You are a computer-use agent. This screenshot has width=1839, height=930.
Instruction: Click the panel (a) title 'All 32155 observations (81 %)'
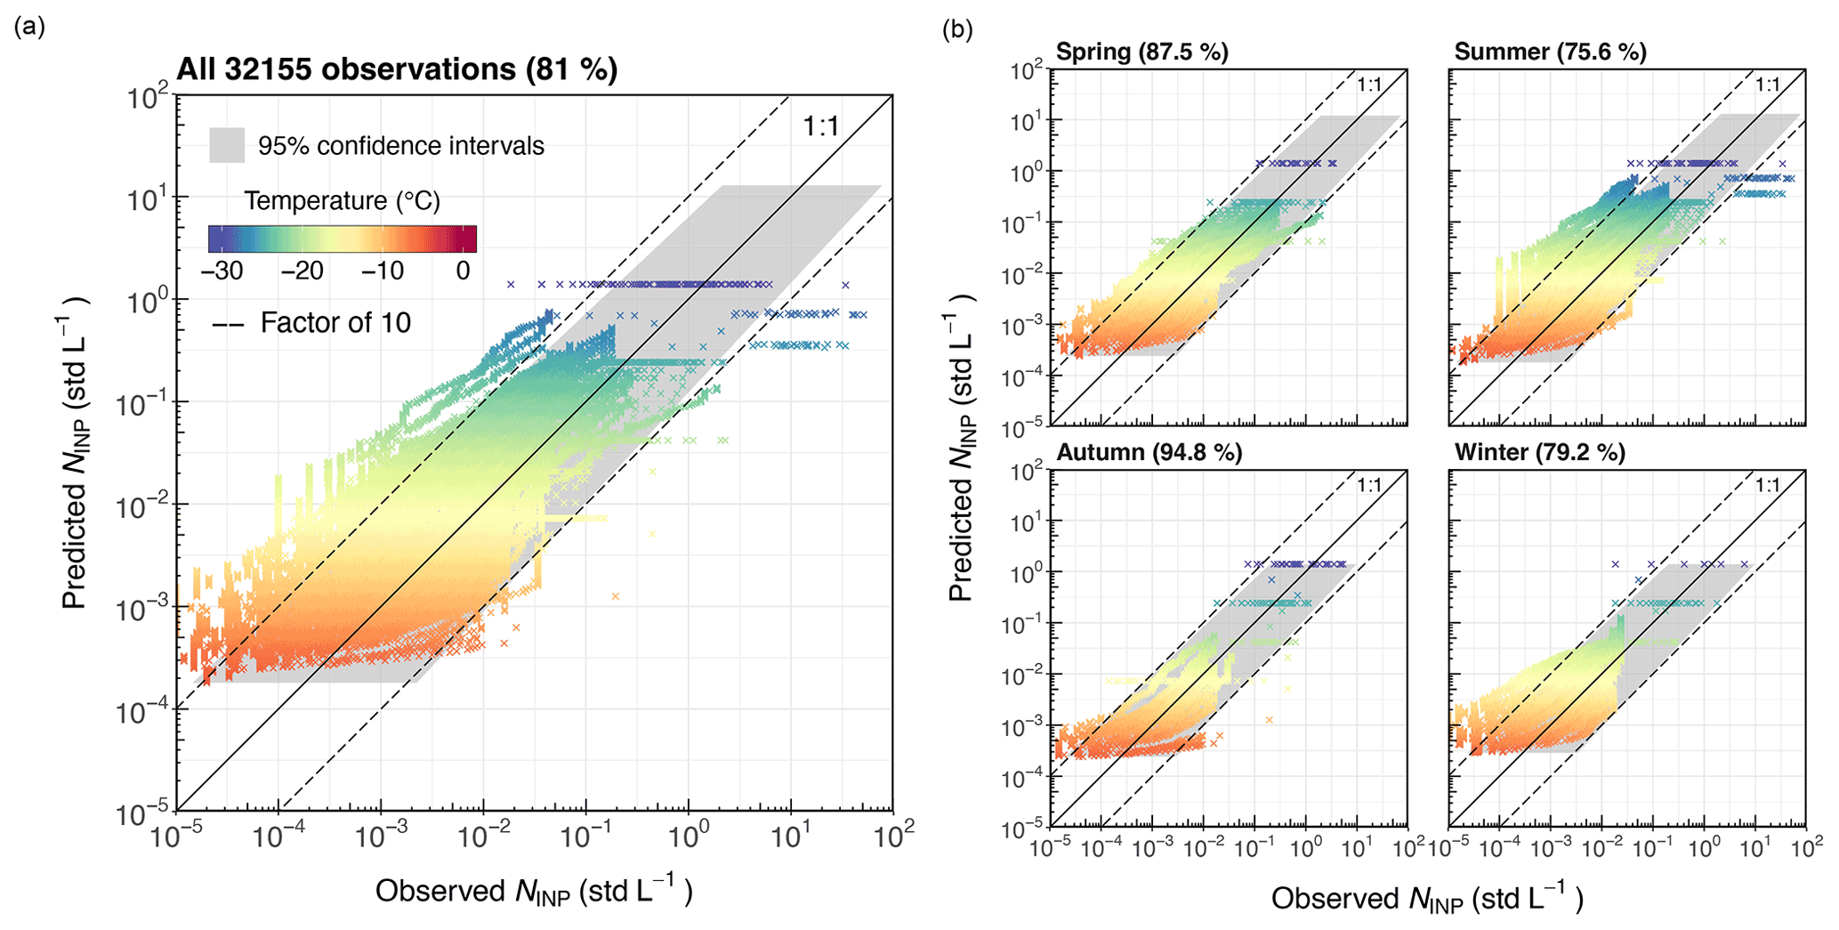[x=397, y=69]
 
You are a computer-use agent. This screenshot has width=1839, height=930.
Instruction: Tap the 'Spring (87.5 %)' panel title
[x=1141, y=52]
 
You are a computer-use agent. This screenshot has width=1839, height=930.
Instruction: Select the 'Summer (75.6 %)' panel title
[x=1550, y=52]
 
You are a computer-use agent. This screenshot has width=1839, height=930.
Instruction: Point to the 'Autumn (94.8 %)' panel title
[x=1149, y=453]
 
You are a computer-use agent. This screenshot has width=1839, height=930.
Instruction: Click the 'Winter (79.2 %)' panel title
[x=1539, y=453]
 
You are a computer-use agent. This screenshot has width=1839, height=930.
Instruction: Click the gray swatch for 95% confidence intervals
[x=227, y=145]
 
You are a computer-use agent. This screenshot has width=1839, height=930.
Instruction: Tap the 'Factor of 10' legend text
[x=335, y=322]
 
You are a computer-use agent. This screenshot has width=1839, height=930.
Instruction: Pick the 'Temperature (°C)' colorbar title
[x=343, y=201]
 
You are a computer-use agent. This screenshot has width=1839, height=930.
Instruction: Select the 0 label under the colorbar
[x=463, y=271]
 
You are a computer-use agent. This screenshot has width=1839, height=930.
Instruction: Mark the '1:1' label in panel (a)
[x=820, y=126]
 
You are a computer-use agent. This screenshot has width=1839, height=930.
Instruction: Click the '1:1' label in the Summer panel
[x=1767, y=85]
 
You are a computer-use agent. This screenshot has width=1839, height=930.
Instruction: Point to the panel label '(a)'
[x=29, y=27]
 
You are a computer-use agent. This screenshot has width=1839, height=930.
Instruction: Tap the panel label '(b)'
[x=957, y=30]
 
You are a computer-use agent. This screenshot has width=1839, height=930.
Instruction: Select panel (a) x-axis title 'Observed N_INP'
[x=533, y=891]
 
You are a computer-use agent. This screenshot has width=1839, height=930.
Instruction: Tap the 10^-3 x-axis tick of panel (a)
[x=381, y=837]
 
